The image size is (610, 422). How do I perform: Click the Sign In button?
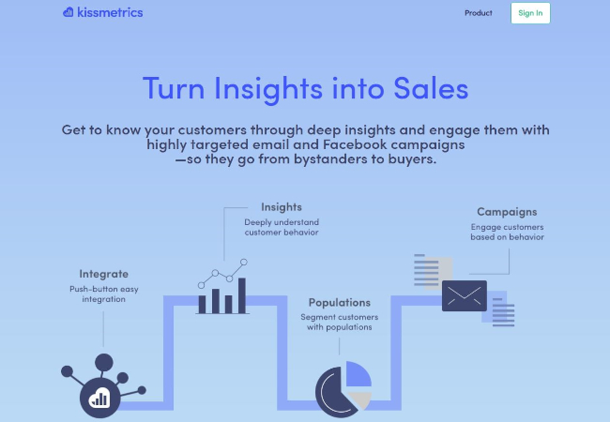(x=530, y=13)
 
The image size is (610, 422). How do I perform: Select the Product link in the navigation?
(x=479, y=13)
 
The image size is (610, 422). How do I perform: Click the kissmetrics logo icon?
(x=69, y=13)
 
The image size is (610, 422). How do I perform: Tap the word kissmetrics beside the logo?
(x=110, y=13)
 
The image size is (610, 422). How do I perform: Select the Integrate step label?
(x=103, y=274)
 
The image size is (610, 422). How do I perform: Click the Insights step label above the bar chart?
(x=282, y=206)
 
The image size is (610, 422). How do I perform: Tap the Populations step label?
(x=339, y=302)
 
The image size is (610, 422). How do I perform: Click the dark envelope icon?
(x=465, y=295)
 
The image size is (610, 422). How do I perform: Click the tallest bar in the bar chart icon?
(x=241, y=294)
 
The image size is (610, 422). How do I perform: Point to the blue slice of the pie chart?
(x=358, y=375)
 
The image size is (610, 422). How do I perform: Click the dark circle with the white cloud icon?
(x=98, y=396)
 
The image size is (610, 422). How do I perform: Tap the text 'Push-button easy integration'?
(x=103, y=294)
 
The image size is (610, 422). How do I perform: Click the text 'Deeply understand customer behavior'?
(x=282, y=227)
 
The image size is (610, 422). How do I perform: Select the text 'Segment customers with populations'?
(x=339, y=322)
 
